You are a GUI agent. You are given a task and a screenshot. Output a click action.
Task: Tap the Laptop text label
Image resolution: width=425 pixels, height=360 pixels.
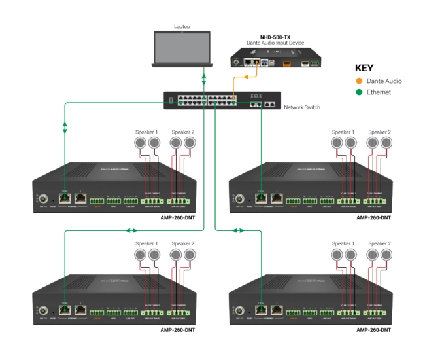(182, 27)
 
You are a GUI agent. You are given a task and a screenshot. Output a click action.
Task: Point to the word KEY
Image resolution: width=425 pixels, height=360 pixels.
(364, 67)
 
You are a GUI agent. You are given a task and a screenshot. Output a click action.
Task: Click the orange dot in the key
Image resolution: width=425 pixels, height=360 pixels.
(358, 81)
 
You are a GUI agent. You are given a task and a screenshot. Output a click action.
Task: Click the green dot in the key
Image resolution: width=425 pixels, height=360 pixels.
(358, 92)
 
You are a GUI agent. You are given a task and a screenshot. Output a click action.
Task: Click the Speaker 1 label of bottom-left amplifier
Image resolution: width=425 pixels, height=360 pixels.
(146, 243)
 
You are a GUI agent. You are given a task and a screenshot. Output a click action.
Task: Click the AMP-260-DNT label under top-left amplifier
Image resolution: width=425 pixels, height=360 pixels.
(178, 217)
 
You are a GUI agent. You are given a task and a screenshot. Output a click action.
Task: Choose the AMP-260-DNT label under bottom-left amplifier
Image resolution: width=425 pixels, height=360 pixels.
(178, 329)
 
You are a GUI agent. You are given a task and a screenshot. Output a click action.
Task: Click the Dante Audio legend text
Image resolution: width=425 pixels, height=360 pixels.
(384, 81)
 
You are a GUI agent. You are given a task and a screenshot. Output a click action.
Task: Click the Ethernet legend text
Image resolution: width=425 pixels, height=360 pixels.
(379, 92)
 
